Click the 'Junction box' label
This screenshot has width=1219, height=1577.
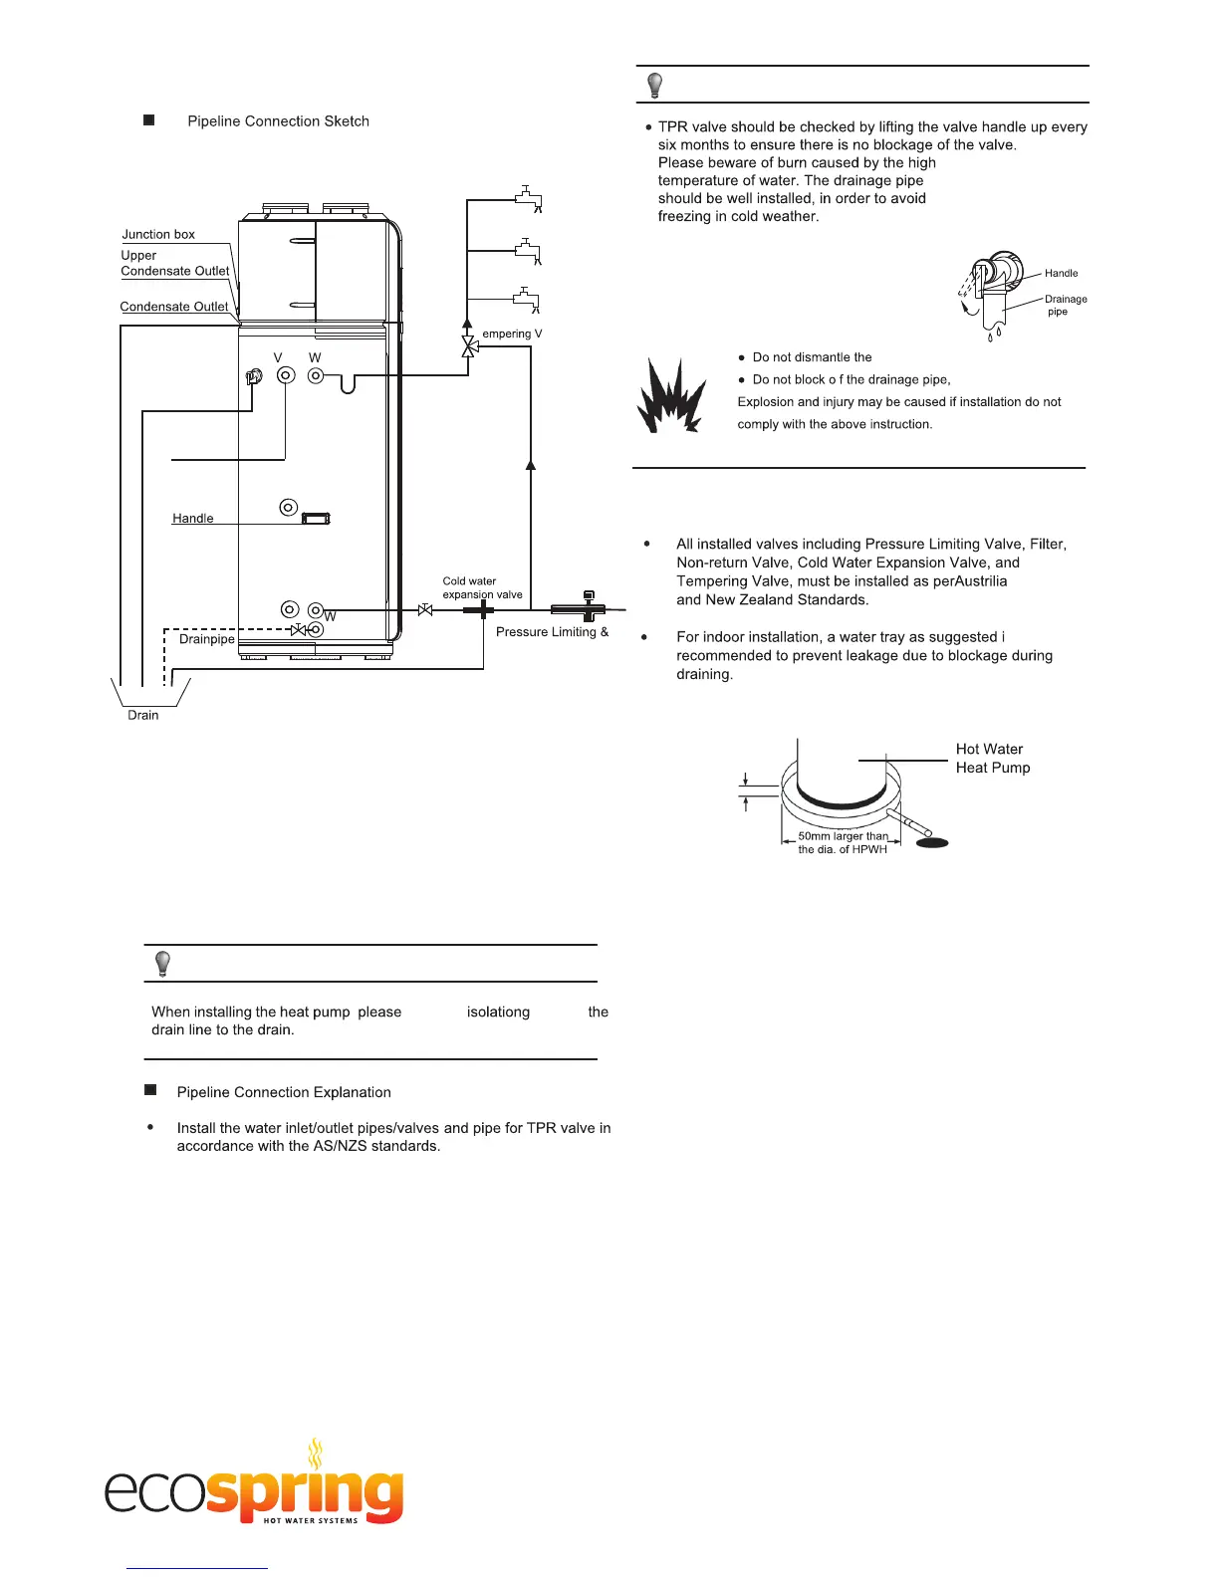point(158,235)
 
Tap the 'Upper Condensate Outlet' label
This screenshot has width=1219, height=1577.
point(174,263)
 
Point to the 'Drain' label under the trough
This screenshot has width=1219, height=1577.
point(142,715)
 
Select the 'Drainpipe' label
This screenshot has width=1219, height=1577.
point(206,639)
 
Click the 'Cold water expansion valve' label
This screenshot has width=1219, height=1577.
point(482,587)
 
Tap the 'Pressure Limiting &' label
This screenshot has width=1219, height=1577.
point(552,632)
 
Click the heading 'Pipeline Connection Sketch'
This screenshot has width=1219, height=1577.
point(278,121)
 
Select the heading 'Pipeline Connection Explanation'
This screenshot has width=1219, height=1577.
point(283,1092)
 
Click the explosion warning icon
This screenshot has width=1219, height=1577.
point(671,394)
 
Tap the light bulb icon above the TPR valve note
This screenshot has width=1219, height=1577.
point(654,85)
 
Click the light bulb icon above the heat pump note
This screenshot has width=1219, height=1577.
point(162,964)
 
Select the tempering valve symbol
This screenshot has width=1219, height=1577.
point(468,346)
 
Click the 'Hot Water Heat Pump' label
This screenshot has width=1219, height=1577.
point(992,759)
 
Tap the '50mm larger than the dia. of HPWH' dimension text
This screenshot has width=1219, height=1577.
point(843,843)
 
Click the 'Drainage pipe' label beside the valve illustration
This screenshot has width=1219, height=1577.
point(1065,305)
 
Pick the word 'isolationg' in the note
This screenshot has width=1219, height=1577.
point(498,1012)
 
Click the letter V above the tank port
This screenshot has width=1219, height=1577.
point(278,357)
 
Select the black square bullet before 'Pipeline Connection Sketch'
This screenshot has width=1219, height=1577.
point(149,120)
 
